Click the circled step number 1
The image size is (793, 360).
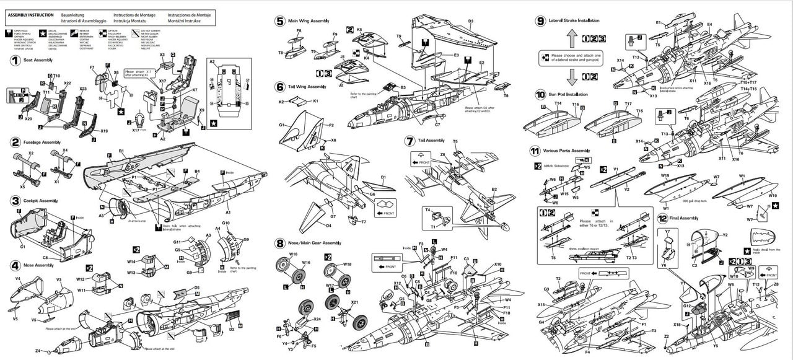click(14, 60)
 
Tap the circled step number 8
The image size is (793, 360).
click(280, 243)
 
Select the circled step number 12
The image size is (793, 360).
click(663, 218)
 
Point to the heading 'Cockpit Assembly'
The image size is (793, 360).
click(42, 201)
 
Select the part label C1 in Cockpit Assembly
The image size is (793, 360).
click(22, 247)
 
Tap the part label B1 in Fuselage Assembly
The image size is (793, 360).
click(121, 151)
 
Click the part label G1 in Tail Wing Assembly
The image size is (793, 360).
click(281, 125)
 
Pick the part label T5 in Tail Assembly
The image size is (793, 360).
click(455, 141)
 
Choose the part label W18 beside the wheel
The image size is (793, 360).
click(348, 264)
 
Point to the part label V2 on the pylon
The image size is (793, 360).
click(626, 189)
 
